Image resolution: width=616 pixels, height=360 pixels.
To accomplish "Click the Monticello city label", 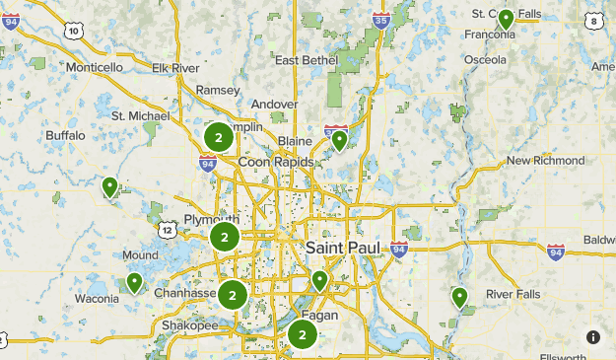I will [x=94, y=67].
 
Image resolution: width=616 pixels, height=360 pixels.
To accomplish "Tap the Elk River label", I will [x=176, y=67].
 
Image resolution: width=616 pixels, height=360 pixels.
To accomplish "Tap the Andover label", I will [x=274, y=104].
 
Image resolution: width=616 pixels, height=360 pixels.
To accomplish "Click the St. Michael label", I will [x=141, y=115].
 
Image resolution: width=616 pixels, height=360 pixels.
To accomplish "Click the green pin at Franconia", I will [x=506, y=18].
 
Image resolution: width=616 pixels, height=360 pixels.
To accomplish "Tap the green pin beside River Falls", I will [x=459, y=296].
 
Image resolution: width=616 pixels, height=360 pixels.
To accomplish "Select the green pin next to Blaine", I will [x=339, y=140].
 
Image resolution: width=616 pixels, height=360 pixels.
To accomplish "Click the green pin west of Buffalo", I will [x=110, y=185].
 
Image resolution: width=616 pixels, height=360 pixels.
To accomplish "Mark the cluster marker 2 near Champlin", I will [x=218, y=137].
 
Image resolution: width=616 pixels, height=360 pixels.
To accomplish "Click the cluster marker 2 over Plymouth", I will [x=225, y=237].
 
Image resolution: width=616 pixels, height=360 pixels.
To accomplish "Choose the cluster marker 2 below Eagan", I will [x=303, y=335].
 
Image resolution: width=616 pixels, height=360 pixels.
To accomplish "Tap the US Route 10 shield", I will [x=75, y=32].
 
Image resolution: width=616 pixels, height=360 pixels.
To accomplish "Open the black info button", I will [x=593, y=336].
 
